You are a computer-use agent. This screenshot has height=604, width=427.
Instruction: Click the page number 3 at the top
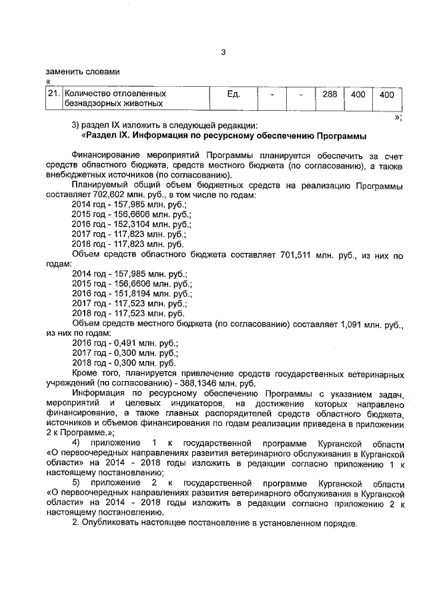pyautogui.click(x=224, y=54)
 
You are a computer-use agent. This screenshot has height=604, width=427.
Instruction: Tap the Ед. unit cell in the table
pyautogui.click(x=233, y=94)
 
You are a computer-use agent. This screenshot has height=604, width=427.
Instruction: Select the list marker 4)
pyautogui.click(x=77, y=442)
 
